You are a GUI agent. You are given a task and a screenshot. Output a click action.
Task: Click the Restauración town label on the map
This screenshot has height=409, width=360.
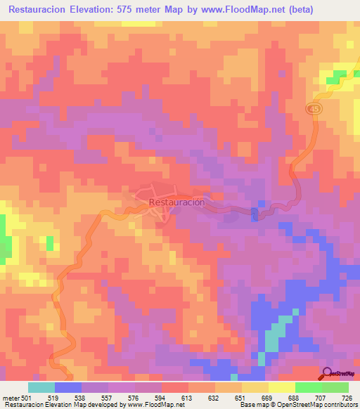[x=176, y=202]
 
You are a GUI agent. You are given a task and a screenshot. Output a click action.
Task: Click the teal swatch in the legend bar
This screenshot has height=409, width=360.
[x=41, y=387]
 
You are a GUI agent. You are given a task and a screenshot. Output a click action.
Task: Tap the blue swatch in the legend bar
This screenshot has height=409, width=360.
[x=68, y=387]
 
